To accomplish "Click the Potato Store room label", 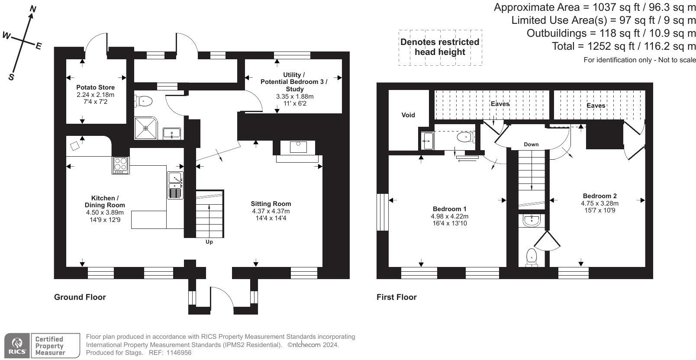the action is [95, 87].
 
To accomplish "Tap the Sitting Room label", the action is [271, 204].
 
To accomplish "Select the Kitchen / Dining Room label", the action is [105, 202].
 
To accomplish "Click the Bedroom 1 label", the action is [449, 209].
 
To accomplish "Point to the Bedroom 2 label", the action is [599, 196].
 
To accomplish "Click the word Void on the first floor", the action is [408, 115].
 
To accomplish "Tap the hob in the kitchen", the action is [121, 164].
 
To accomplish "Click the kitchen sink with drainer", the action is [175, 185].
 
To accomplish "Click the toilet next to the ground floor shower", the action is [145, 101].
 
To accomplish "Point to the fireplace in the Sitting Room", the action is [298, 147].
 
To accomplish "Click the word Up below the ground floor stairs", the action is [209, 242].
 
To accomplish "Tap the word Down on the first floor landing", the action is [531, 144].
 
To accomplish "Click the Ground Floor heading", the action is [80, 297].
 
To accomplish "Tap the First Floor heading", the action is [396, 297].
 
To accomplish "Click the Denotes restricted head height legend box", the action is [440, 47].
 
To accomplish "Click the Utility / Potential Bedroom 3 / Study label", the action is [294, 82].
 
